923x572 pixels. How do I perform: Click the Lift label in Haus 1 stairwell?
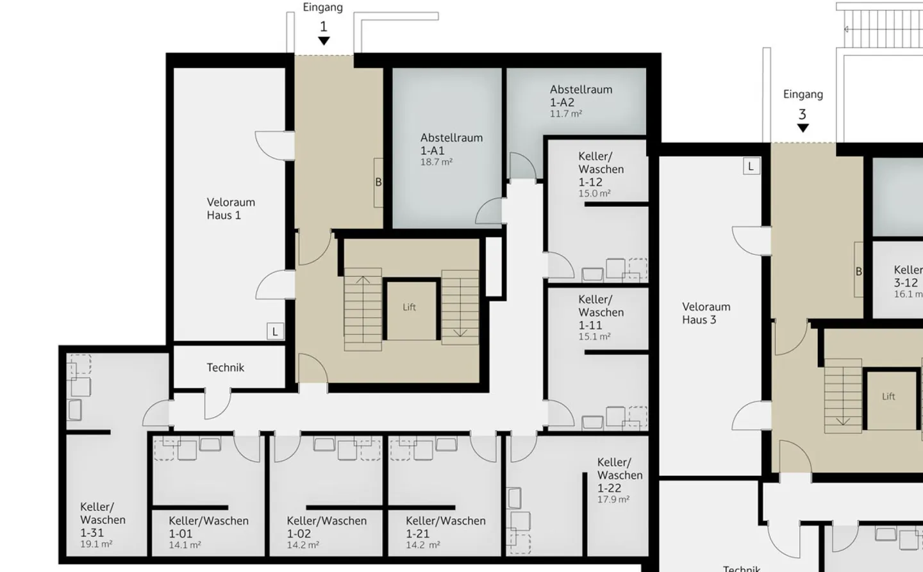point(409,307)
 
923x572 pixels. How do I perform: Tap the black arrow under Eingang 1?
point(324,41)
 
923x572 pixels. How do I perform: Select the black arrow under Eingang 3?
point(802,128)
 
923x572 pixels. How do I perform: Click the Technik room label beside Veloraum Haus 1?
point(225,368)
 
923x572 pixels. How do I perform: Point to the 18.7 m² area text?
point(436,163)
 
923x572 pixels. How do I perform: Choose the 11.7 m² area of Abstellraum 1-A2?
point(565,114)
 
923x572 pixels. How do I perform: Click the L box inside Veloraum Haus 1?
point(275,332)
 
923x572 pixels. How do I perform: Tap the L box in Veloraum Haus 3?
point(751,167)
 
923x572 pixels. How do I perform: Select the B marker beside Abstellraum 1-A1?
point(378,183)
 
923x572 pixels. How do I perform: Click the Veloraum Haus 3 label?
point(706,313)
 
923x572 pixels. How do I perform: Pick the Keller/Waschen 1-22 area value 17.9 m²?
point(613,500)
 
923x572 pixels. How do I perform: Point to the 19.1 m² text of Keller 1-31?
point(96,544)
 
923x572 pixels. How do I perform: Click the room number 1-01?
point(181,534)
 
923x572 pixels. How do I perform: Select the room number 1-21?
point(418,534)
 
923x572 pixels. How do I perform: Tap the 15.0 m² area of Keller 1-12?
point(594,193)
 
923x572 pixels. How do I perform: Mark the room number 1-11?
point(590,325)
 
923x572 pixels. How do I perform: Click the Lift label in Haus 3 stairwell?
point(888,396)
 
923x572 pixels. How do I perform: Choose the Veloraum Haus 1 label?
point(231,209)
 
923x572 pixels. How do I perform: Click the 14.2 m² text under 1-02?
point(303,545)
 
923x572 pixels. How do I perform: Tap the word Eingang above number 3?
point(802,94)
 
